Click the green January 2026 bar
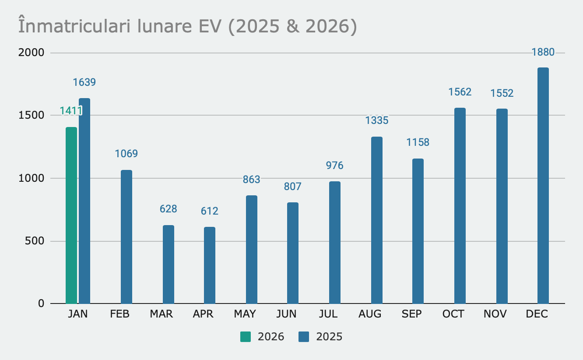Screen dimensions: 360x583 pos(71,215)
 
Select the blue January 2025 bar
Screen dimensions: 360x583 pos(84,201)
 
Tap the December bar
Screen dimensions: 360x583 pos(543,186)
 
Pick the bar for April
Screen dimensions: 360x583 pos(210,265)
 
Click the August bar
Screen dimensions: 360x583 pos(377,220)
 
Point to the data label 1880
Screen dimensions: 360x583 pos(543,53)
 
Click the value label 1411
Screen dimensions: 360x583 pos(71,110)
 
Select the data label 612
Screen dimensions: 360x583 pos(210,211)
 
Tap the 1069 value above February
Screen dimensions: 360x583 pos(126,154)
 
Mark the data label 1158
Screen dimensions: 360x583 pos(418,142)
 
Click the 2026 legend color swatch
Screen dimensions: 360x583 pos(246,337)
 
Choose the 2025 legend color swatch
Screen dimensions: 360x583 pos(304,337)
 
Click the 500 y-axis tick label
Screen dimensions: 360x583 pos(35,241)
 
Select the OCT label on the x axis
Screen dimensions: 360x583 pos(453,314)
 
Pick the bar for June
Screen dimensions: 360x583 pos(293,253)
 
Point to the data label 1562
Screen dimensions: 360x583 pos(460,92)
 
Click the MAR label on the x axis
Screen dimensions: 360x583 pos(162,314)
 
